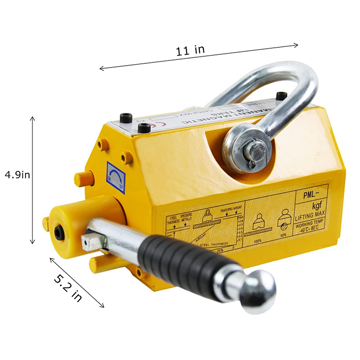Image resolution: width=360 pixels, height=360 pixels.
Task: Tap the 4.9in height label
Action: click(x=18, y=174)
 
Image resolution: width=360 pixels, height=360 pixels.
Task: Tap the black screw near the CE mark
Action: click(x=144, y=128)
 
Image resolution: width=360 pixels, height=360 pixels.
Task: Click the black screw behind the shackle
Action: click(x=282, y=95)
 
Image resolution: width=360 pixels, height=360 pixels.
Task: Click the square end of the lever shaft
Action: click(x=91, y=242)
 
